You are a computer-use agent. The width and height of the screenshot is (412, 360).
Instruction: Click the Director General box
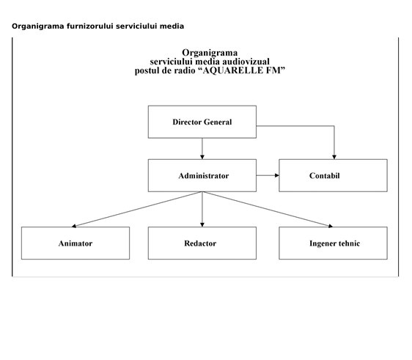(x=202, y=122)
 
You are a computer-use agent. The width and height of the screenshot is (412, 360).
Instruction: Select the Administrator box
(x=202, y=175)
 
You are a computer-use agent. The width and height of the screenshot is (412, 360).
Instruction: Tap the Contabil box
(x=333, y=175)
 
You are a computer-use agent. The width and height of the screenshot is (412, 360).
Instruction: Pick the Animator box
(x=76, y=243)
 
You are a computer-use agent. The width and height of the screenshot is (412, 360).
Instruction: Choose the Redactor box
(x=202, y=243)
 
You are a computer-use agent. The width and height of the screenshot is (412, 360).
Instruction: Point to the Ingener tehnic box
(x=333, y=243)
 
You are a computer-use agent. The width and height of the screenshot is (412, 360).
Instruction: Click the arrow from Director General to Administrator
(x=202, y=148)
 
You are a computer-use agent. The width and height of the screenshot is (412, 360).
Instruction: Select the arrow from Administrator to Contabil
(x=268, y=175)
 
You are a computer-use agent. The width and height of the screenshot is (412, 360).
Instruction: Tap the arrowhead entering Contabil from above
(x=334, y=157)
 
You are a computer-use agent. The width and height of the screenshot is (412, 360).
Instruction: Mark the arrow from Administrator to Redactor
(x=202, y=209)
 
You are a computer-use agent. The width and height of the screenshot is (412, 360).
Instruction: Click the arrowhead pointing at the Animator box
(x=74, y=226)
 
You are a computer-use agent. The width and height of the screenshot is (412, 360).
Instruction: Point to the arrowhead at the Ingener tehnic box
(x=331, y=226)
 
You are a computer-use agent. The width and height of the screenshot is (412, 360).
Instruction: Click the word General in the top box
(x=218, y=122)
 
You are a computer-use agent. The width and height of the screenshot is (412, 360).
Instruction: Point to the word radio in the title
(x=184, y=70)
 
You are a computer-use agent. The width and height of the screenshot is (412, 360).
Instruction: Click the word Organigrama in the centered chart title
(x=210, y=53)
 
